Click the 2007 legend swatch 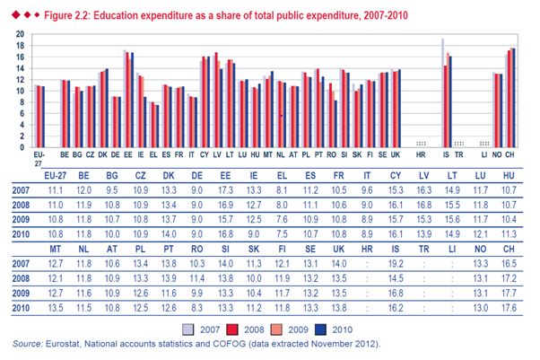coord(187,328)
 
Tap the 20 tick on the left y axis coord(21,33)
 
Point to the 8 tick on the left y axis coord(22,101)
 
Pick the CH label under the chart coord(512,154)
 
